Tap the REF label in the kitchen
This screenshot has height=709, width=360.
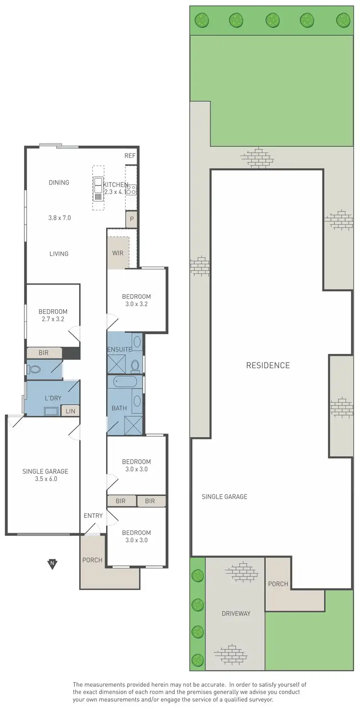click(x=130, y=156)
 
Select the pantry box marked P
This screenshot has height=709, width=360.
click(x=131, y=220)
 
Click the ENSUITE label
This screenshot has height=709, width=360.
click(x=120, y=349)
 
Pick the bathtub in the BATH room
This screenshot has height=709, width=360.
click(x=125, y=382)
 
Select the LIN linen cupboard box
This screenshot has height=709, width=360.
click(x=70, y=411)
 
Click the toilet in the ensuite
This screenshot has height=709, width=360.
click(x=135, y=366)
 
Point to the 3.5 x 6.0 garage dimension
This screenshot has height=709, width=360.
click(x=45, y=479)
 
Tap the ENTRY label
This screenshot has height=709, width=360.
click(x=93, y=516)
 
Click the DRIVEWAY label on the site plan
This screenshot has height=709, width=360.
click(x=236, y=613)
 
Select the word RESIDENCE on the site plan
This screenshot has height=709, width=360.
click(x=268, y=365)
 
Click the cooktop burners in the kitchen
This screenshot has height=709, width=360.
click(x=131, y=189)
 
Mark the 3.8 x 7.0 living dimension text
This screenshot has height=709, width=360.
click(x=59, y=217)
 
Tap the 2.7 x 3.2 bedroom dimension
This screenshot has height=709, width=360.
click(x=53, y=319)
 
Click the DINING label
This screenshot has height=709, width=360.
click(x=59, y=182)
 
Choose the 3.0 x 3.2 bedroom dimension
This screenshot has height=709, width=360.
click(x=136, y=304)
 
